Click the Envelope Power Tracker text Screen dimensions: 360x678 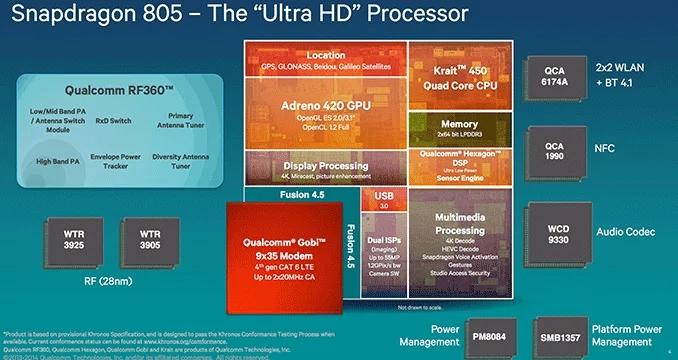click(119, 163)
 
